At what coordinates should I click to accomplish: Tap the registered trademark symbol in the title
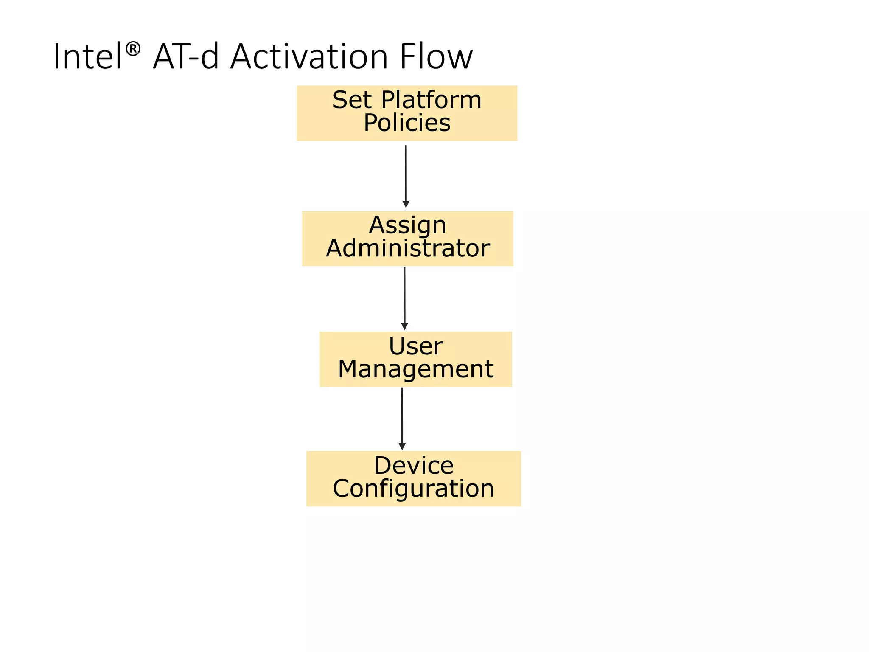click(133, 49)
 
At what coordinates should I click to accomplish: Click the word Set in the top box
click(352, 100)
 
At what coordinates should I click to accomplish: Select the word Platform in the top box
click(431, 100)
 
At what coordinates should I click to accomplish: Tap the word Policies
click(407, 123)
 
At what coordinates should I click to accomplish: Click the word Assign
click(407, 225)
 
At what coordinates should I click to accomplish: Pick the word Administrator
click(408, 248)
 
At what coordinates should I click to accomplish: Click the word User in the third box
click(416, 346)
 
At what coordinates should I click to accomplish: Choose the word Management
click(416, 369)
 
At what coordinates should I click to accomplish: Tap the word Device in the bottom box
click(414, 466)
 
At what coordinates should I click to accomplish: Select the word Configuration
click(414, 489)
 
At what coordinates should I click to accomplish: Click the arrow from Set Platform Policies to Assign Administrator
click(406, 174)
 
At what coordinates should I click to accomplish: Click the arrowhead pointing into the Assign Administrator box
click(406, 205)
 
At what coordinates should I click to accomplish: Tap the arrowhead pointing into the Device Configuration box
click(402, 447)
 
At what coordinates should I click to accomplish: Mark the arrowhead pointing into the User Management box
click(404, 326)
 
